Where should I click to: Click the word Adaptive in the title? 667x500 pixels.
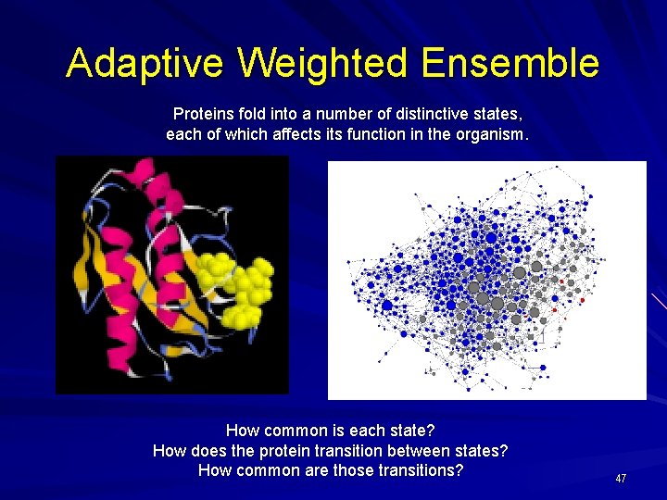coord(145,64)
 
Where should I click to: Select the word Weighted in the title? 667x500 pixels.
coord(321,64)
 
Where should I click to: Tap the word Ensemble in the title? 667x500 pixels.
coord(510,64)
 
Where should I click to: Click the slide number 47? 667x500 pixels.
coord(621,478)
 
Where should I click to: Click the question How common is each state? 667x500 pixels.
coord(331,431)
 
